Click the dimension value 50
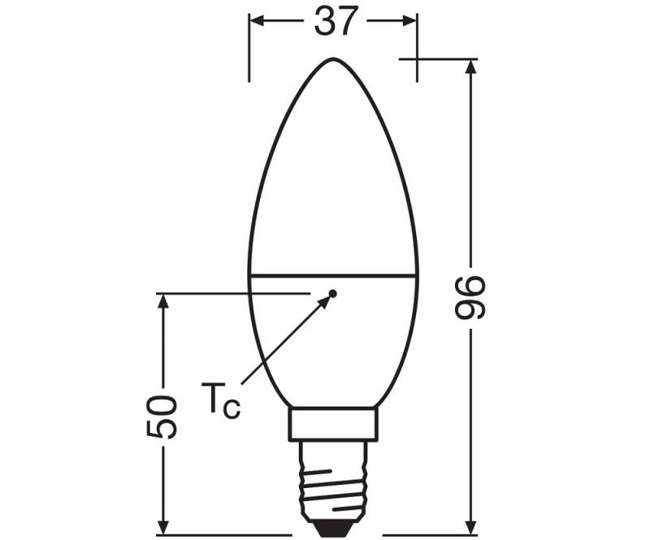[x=162, y=417]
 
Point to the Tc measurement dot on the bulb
[x=332, y=292]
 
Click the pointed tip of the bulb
[x=333, y=60]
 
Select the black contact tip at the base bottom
[x=332, y=529]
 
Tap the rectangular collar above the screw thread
[x=332, y=424]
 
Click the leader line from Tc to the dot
[x=284, y=341]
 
